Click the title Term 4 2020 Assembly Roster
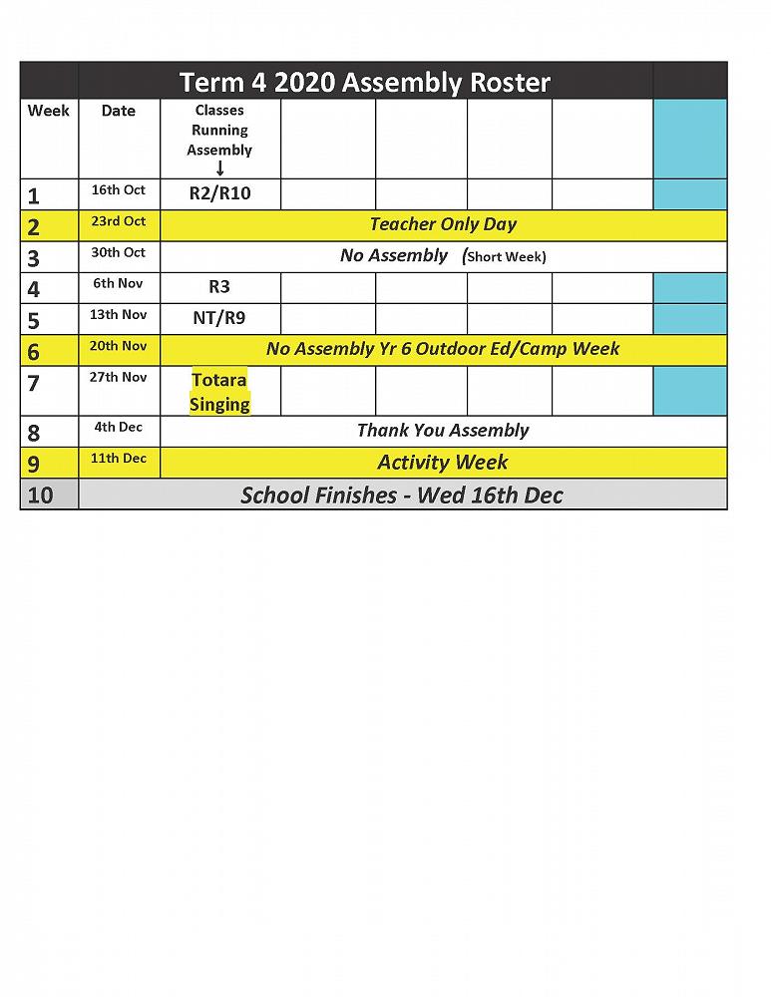(365, 82)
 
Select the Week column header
(48, 111)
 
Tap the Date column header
(119, 111)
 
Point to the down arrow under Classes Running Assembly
(219, 168)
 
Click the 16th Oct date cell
(119, 190)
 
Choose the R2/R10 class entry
(219, 193)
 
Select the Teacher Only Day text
(443, 224)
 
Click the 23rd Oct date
(119, 221)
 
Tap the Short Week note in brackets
(506, 256)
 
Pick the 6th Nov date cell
(119, 283)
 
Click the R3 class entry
(219, 287)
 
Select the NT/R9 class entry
(219, 318)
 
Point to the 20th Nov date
(119, 346)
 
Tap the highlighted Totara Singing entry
(219, 392)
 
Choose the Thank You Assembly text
(443, 431)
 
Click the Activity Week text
(443, 462)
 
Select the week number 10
(40, 495)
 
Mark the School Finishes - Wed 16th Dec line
(402, 495)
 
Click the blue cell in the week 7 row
(690, 391)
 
